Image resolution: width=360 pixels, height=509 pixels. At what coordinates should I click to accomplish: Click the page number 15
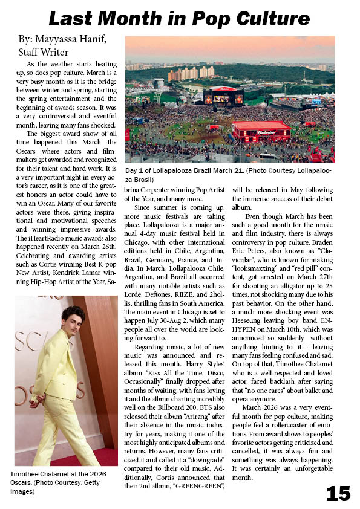(x=338, y=493)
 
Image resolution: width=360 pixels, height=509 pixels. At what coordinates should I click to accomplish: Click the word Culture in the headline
(x=270, y=18)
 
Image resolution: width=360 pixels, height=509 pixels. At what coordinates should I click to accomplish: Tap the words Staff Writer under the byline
(x=44, y=52)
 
